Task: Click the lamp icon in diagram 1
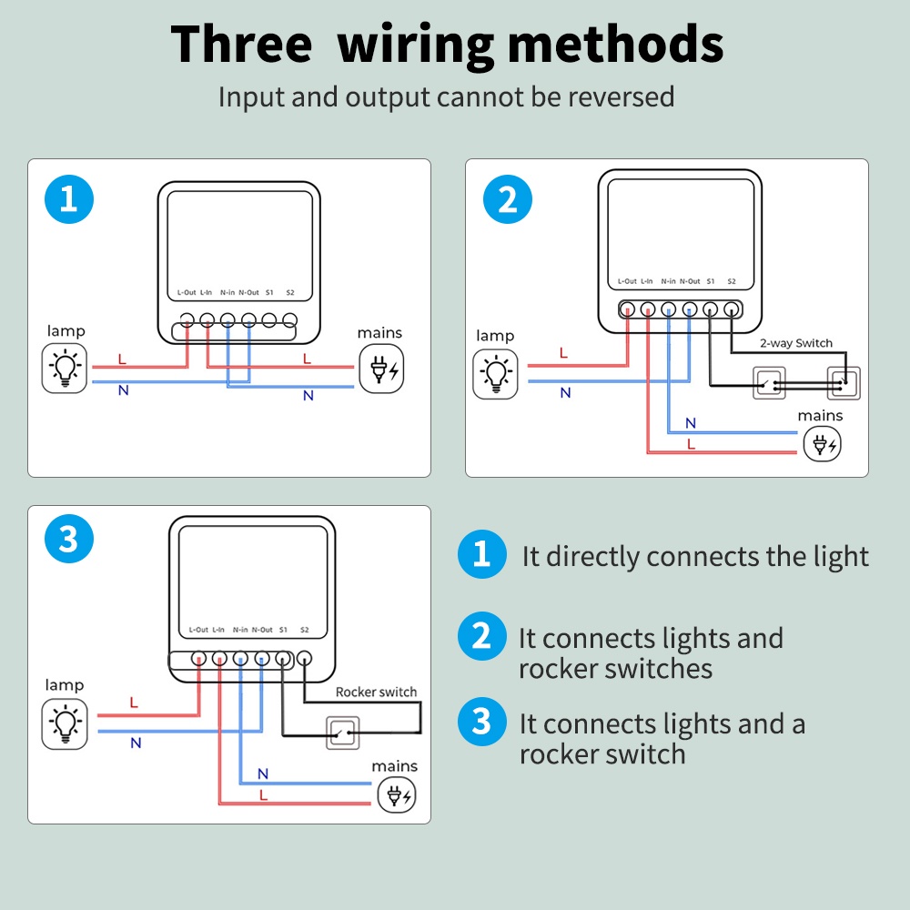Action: point(65,368)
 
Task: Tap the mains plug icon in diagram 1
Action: point(381,369)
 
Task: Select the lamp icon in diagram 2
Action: point(495,374)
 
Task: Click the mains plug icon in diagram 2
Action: point(823,444)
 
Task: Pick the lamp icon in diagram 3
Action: point(65,723)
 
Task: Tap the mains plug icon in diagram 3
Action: point(397,795)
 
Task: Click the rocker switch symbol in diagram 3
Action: point(342,733)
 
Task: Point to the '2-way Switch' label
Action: point(796,343)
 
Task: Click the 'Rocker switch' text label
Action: point(376,692)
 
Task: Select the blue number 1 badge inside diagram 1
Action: point(69,199)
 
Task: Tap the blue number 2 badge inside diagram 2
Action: point(508,199)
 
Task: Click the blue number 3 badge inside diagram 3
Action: point(69,539)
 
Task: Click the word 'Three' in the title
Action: point(241,44)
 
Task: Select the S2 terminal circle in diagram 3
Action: point(304,658)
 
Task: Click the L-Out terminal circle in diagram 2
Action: point(627,309)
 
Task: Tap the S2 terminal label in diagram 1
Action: point(290,292)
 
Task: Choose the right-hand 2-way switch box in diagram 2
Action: point(844,383)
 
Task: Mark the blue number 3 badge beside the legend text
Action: point(481,722)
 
